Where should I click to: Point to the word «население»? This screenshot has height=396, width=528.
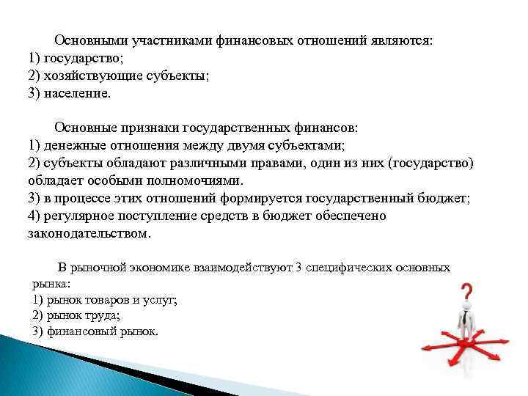77,94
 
